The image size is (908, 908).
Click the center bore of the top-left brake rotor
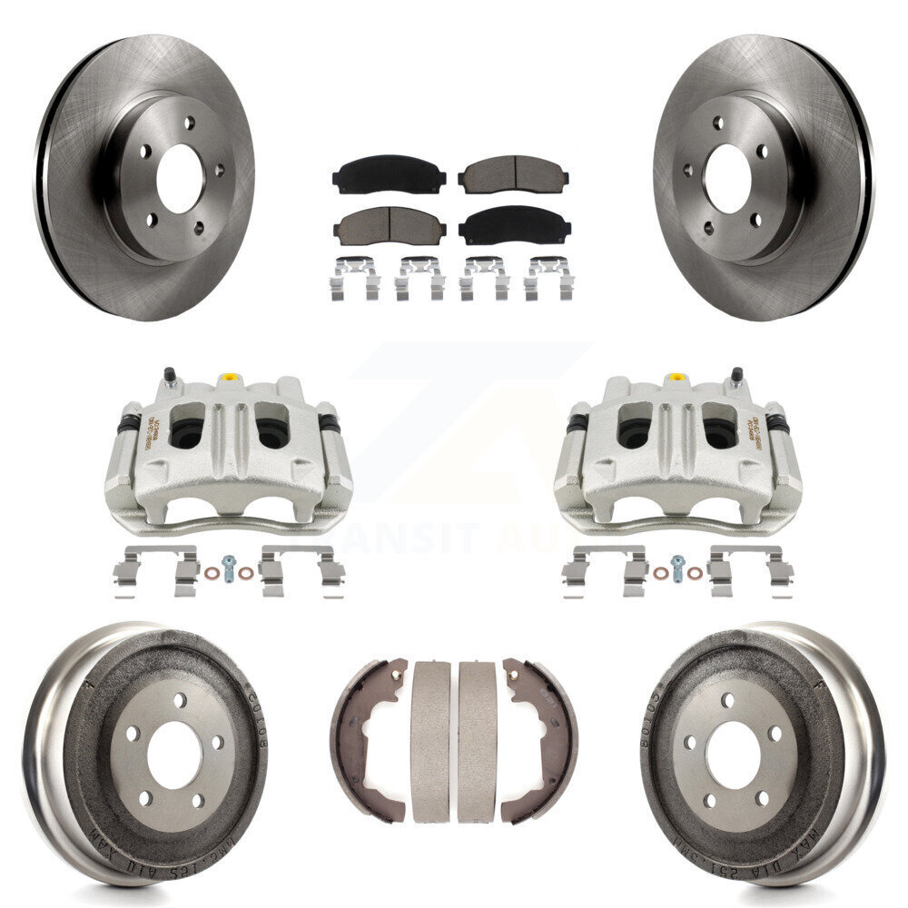click(179, 178)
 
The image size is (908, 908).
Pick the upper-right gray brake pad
click(513, 175)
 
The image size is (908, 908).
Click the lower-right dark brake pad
click(514, 226)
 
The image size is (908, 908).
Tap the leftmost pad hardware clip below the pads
click(353, 279)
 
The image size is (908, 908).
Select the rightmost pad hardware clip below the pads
click(548, 279)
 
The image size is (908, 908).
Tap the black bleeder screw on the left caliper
click(169, 375)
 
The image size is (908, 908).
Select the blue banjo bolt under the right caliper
click(677, 567)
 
